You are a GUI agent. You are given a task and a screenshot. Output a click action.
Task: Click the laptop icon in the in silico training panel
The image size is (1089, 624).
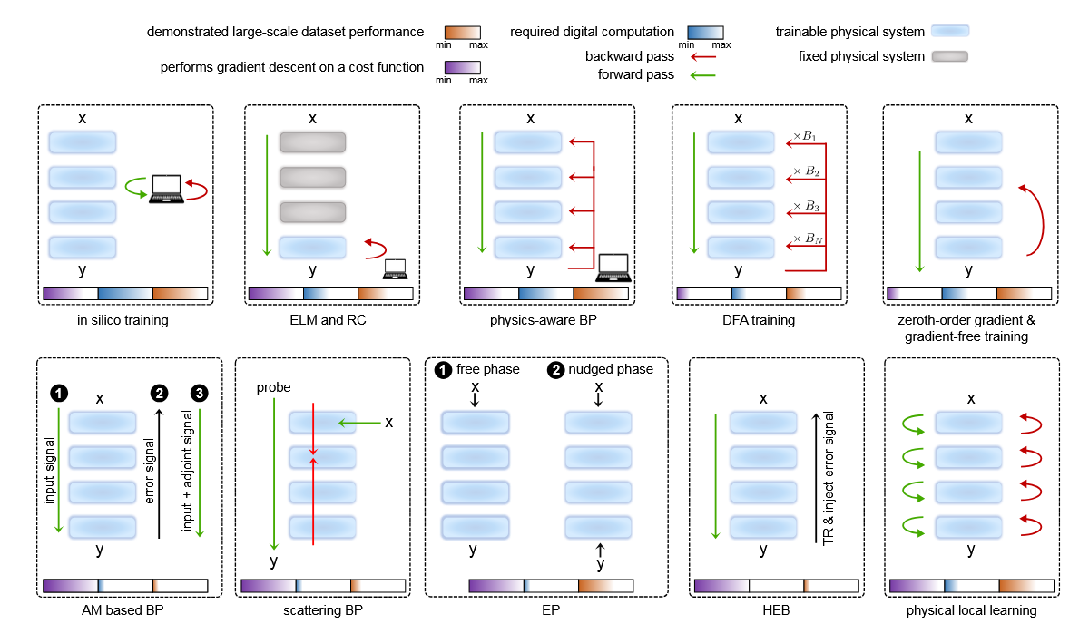168,189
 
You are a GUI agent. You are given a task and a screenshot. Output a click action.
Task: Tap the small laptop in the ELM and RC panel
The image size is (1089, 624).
395,268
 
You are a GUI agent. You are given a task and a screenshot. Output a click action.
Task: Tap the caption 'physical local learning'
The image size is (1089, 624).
972,610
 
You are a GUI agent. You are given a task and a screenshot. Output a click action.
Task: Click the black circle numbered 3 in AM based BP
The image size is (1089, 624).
199,394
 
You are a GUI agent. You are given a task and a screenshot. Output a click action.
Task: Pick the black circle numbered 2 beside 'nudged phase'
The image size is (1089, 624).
554,370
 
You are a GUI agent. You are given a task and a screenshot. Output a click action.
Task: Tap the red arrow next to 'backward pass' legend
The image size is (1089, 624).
703,57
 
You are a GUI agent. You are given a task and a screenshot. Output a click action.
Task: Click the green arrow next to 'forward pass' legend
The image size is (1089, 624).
703,75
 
